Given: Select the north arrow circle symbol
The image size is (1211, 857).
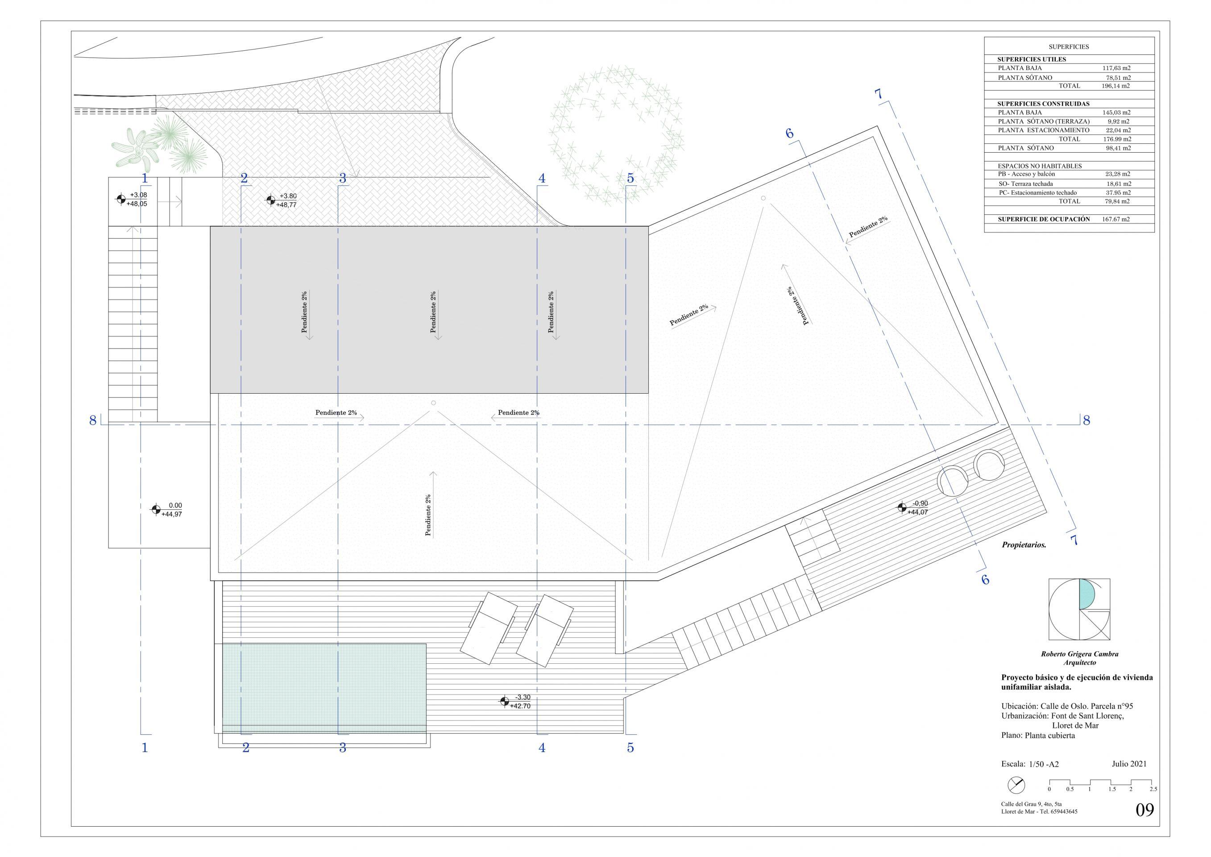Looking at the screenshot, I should click(x=1016, y=800).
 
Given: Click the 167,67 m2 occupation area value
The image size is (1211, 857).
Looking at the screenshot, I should click(x=1116, y=219).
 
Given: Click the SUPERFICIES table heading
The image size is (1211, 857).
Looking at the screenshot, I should click(x=1069, y=47).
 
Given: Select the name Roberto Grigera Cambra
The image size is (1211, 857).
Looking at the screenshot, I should click(x=1079, y=654).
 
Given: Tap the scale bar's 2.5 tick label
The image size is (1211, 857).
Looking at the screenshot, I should click(x=1153, y=804).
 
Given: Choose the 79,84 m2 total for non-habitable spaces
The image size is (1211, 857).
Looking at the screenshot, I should click(x=1116, y=201).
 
